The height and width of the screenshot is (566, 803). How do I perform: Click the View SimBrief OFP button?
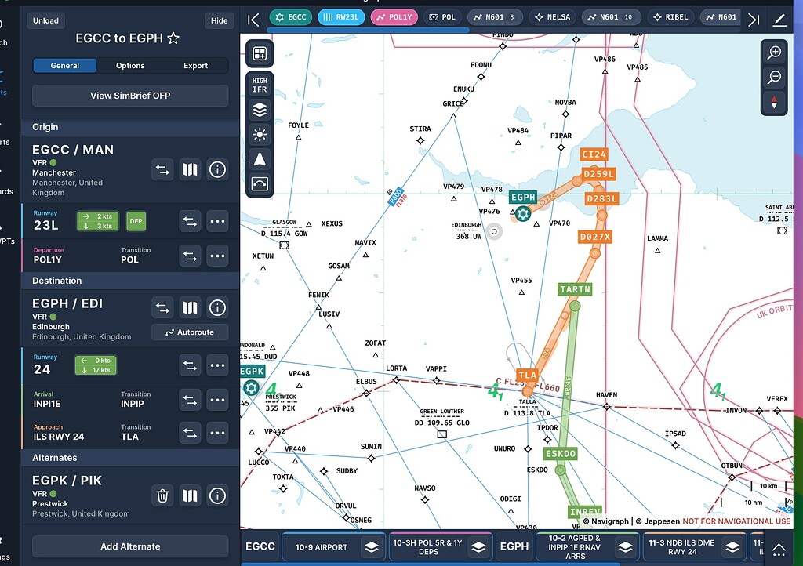(130, 96)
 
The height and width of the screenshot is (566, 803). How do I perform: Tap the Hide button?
(220, 20)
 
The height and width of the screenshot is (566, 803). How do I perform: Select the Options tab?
(130, 66)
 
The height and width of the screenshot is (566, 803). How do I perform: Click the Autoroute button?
(190, 332)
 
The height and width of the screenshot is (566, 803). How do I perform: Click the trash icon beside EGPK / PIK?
(162, 495)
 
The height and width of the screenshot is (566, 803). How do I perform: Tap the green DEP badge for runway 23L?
(136, 221)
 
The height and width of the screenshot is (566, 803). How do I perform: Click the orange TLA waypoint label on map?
(527, 376)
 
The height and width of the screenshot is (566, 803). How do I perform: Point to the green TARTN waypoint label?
(575, 289)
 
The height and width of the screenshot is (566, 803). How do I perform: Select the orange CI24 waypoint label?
(594, 154)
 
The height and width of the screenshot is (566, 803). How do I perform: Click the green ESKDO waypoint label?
(561, 454)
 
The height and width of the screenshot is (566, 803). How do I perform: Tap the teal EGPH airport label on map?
(523, 198)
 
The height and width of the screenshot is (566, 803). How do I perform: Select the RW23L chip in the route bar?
(341, 17)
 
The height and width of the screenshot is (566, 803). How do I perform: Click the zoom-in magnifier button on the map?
(774, 53)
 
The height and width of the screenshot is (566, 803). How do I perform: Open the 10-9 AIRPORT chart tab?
(332, 546)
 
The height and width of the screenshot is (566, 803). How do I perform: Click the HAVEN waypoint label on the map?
(606, 395)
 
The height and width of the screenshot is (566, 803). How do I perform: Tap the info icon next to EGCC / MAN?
(217, 169)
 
